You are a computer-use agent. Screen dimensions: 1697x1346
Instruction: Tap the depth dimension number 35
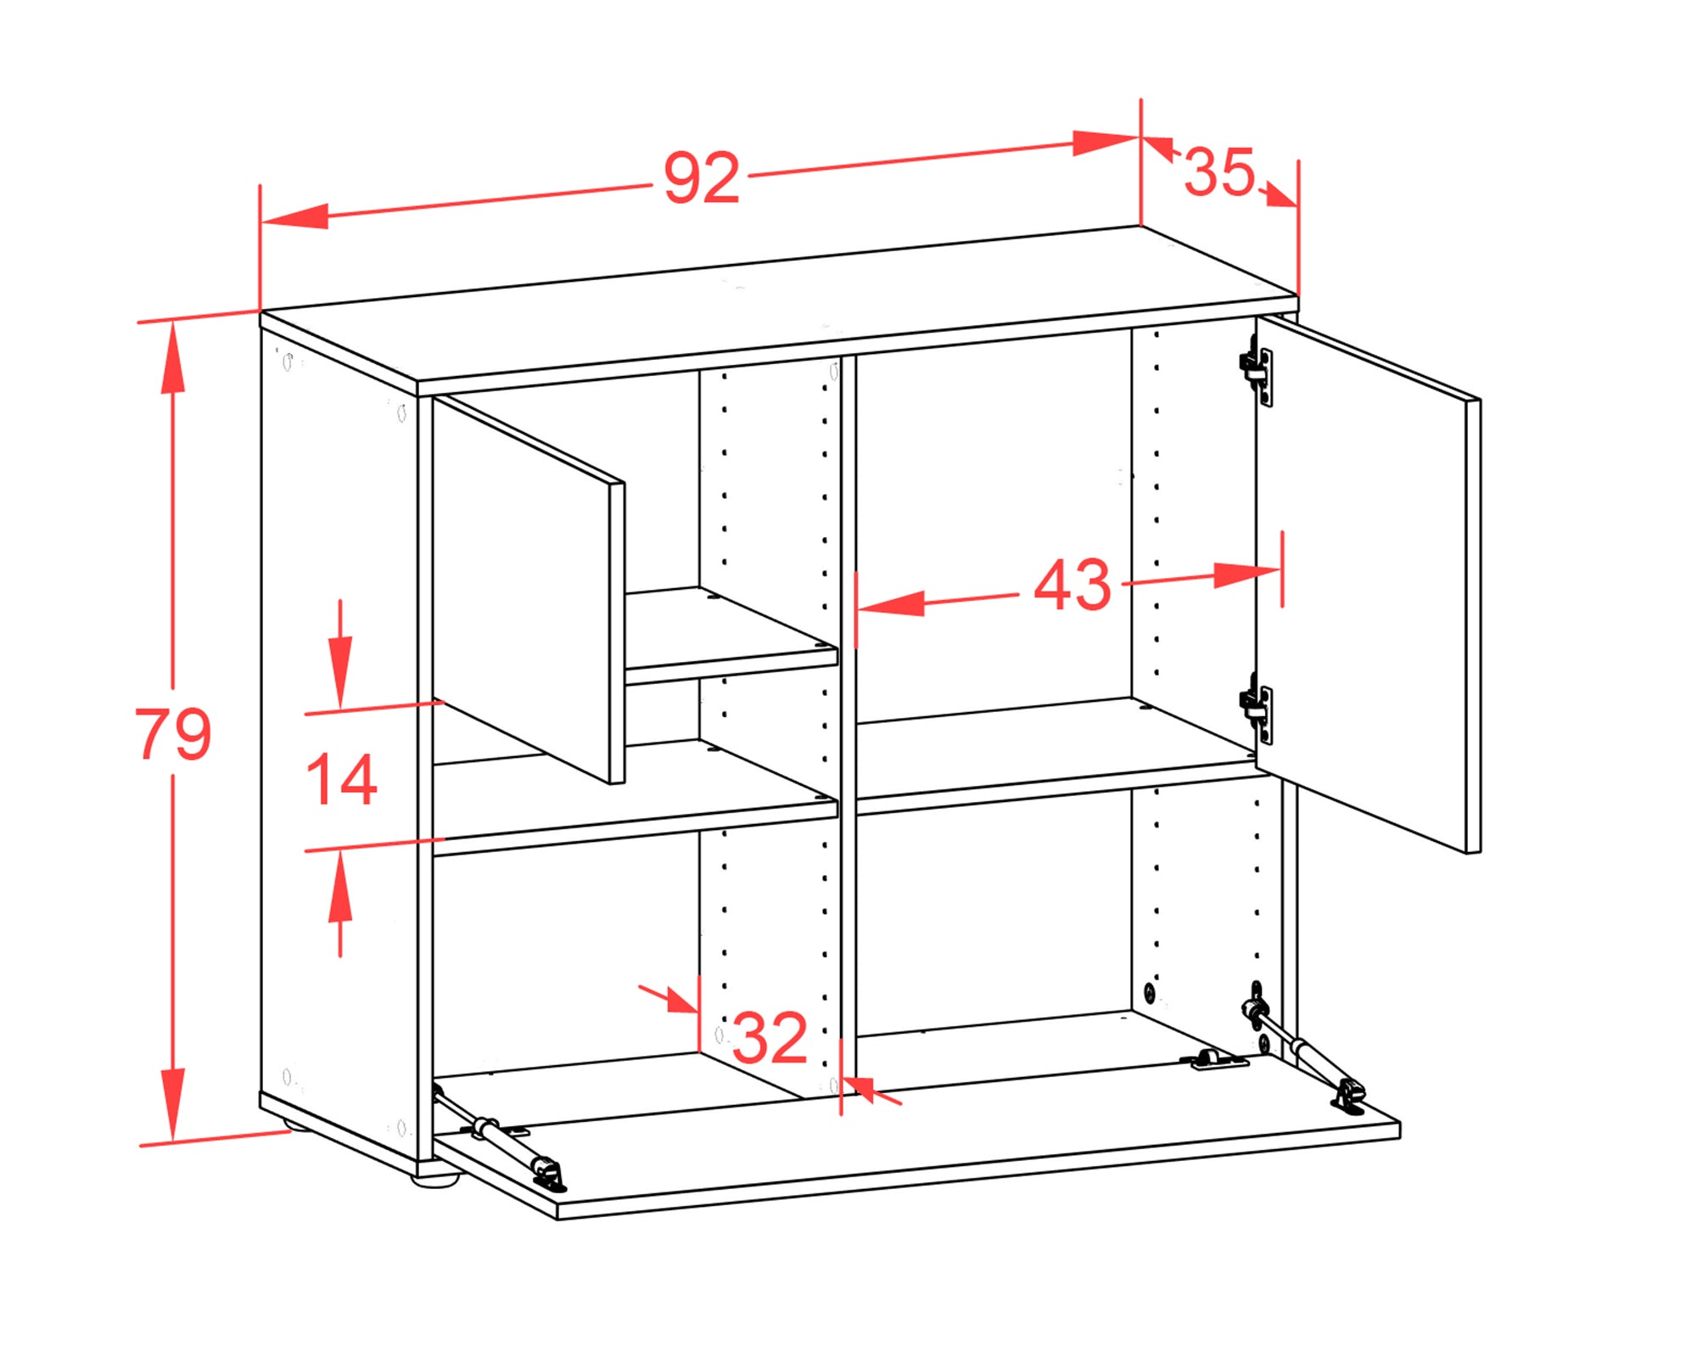(1219, 171)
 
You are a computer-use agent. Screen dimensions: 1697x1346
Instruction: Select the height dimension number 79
(173, 732)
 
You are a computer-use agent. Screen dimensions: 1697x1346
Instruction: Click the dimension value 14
(341, 779)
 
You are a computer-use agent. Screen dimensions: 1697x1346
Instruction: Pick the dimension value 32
(769, 1037)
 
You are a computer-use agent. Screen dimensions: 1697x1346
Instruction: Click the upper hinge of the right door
(1257, 370)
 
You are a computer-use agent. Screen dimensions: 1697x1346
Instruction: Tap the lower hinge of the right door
(1257, 709)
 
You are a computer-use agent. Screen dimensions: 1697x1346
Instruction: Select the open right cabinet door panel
(1368, 584)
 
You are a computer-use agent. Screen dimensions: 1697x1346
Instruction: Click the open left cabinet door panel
(529, 590)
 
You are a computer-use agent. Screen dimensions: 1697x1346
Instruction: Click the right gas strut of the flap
(1303, 1049)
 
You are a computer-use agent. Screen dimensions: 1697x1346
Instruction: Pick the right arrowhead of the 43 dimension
(1247, 575)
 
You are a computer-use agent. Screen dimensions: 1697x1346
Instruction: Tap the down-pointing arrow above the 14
(340, 670)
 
